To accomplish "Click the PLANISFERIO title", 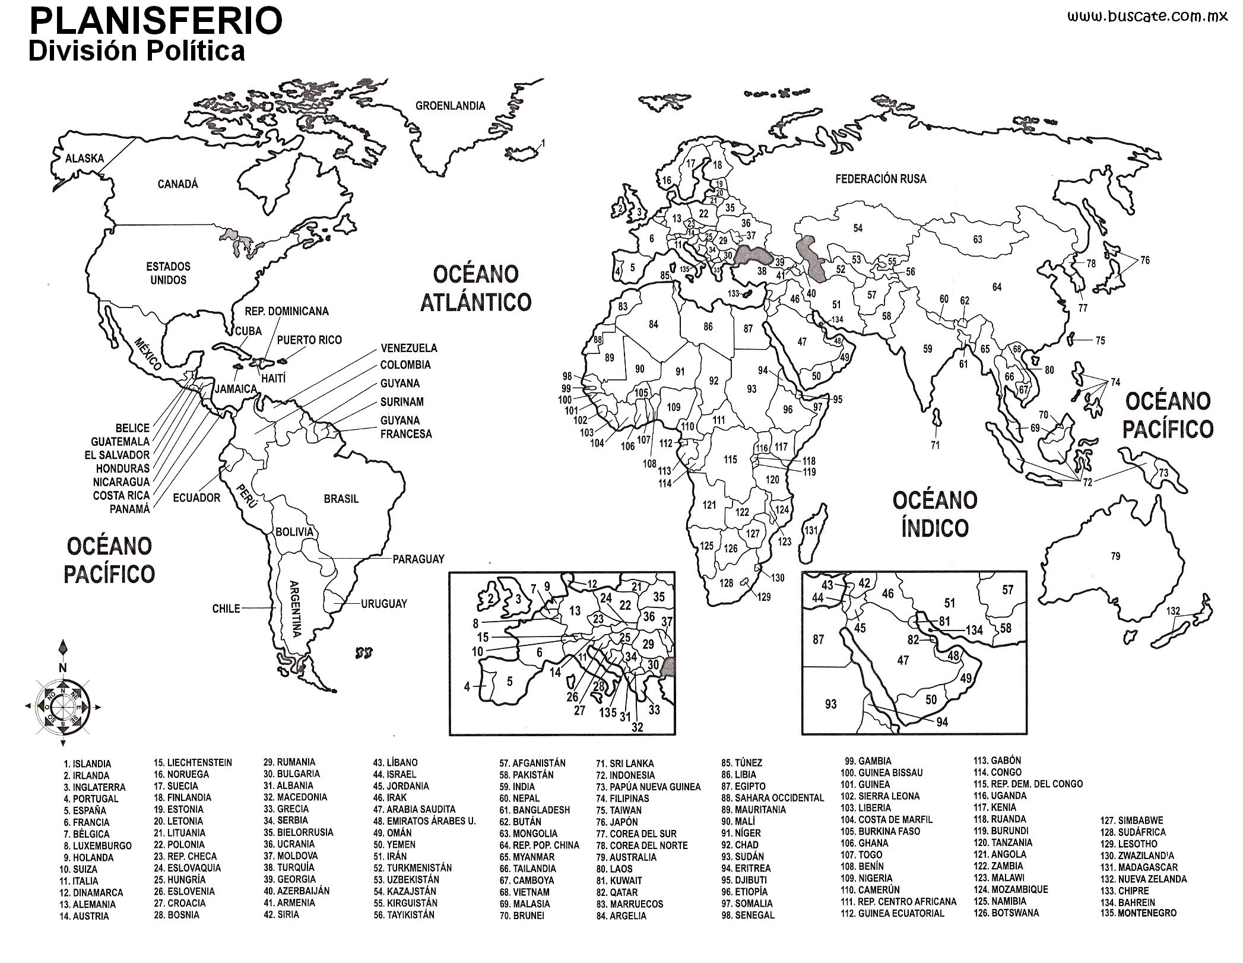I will coord(156,21).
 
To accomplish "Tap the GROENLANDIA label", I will coord(450,106).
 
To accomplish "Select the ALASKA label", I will coord(85,159).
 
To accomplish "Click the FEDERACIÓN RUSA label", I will coord(880,179).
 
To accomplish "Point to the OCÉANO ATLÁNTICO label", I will coord(475,289).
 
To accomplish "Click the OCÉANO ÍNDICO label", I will coord(934,514).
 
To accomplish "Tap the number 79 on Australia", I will coord(1115,556).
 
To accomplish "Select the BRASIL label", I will coord(341,499).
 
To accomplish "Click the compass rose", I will coord(62,706).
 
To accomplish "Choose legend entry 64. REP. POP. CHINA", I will coord(539,845).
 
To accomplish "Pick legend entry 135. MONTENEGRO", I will coord(1138,913).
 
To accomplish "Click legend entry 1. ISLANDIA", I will coord(87,764).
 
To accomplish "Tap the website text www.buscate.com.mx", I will coord(1147,17).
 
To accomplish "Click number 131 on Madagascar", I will coord(810,531).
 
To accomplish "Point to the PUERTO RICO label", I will coord(309,340).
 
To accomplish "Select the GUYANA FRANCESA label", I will coord(406,427).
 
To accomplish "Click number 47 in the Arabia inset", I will coord(903,660).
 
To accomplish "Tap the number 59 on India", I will coord(927,349).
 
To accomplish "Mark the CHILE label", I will coord(226,609).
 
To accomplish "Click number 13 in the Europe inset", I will coord(575,611).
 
